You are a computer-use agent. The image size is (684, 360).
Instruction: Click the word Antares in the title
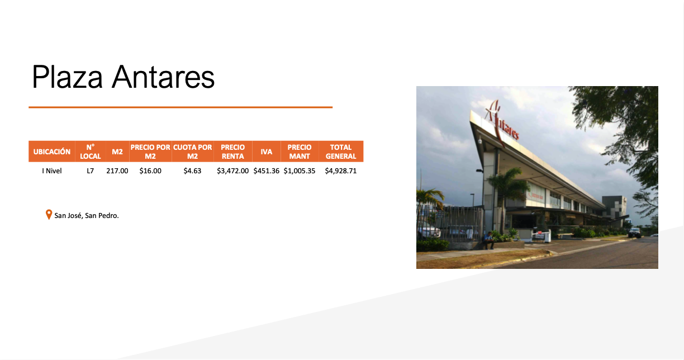(x=163, y=77)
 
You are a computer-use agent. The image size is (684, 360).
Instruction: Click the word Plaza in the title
(x=67, y=77)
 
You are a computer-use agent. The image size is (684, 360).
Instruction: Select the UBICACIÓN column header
(x=52, y=151)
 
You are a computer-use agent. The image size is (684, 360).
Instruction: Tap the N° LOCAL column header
(x=91, y=151)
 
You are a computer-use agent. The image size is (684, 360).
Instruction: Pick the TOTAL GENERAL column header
(x=341, y=151)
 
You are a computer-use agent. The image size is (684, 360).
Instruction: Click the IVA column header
(x=266, y=151)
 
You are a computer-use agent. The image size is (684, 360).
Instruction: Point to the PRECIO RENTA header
(x=232, y=151)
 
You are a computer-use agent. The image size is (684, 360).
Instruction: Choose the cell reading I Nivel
(x=52, y=170)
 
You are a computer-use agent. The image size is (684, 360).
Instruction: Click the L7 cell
(x=91, y=170)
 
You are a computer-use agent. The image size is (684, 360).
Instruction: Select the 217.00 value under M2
(x=117, y=170)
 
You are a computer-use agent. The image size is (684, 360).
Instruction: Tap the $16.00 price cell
(x=150, y=170)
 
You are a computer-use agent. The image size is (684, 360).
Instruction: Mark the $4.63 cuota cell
(x=192, y=170)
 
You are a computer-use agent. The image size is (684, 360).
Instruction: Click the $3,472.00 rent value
(x=232, y=170)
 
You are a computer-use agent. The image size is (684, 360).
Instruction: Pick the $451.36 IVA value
(x=266, y=170)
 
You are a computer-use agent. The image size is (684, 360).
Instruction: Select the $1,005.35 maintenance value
(x=300, y=170)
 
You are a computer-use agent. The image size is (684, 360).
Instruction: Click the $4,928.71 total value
(x=341, y=170)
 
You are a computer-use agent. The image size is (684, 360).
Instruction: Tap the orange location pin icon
(x=49, y=214)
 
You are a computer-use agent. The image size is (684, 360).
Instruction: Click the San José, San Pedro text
(x=87, y=216)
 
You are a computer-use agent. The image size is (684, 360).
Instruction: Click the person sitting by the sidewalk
(x=488, y=240)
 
